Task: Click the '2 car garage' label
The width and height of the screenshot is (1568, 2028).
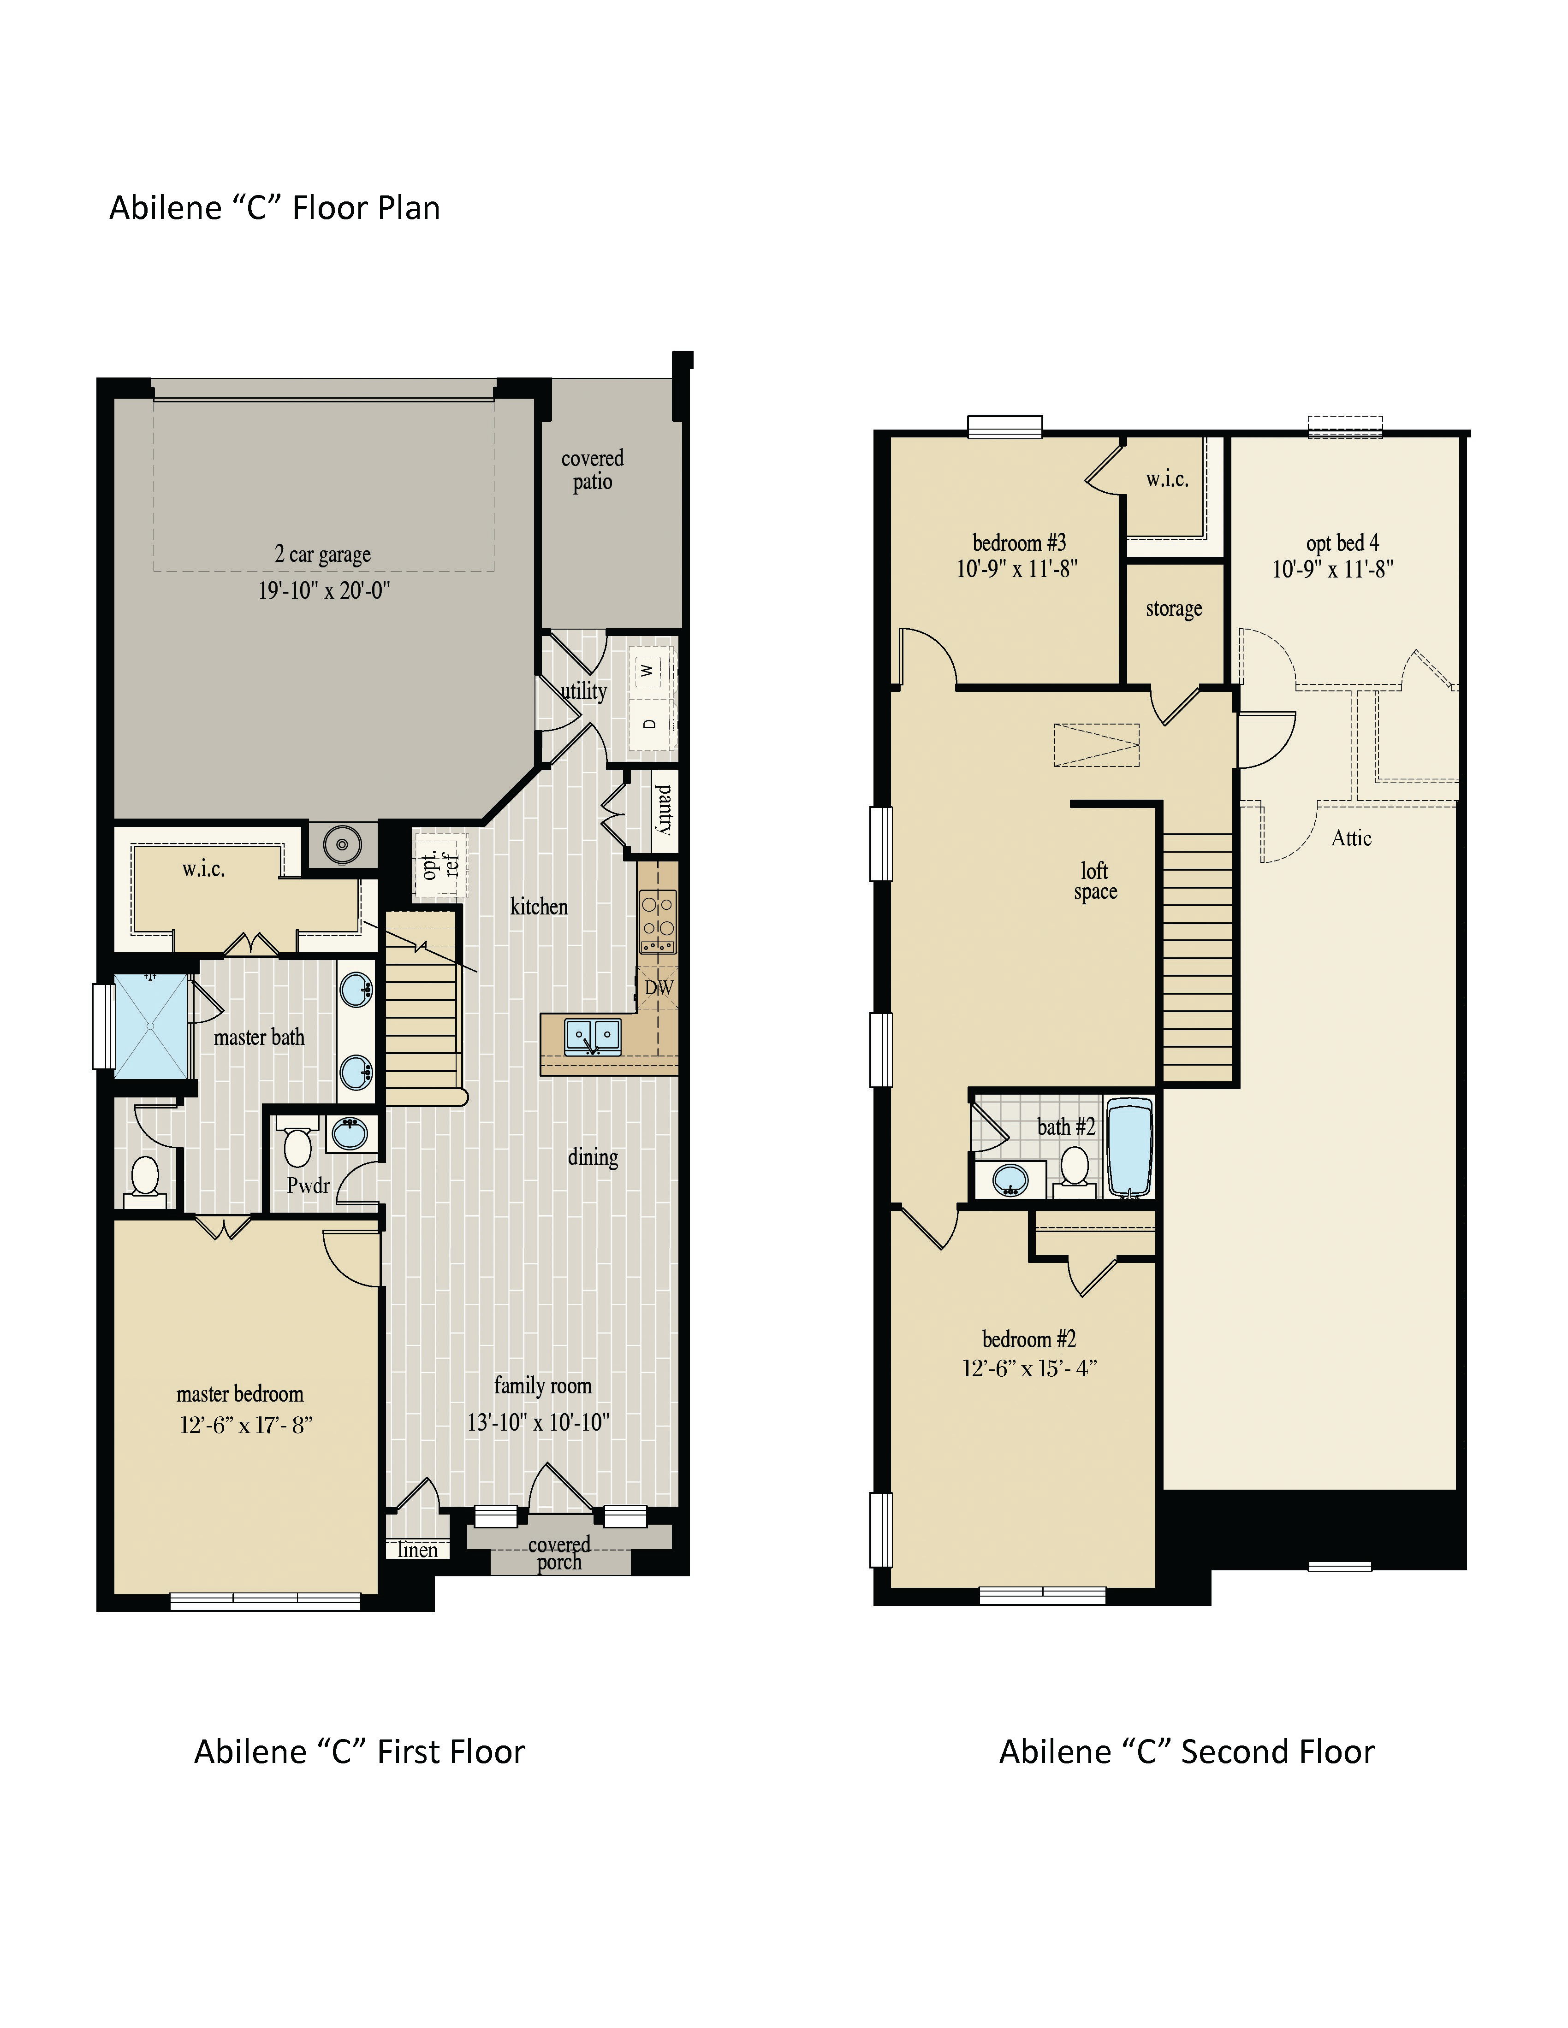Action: click(322, 554)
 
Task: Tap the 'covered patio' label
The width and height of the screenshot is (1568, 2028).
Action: click(593, 470)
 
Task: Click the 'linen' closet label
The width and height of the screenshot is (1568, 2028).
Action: click(417, 1550)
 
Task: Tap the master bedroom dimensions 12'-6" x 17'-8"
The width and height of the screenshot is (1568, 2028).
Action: click(246, 1425)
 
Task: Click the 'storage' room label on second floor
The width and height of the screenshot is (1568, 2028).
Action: click(1173, 609)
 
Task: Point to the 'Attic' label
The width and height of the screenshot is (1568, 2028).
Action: click(1351, 838)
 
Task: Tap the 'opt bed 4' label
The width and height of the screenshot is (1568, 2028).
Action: click(1342, 543)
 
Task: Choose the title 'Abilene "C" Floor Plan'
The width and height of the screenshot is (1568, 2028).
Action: click(275, 208)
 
